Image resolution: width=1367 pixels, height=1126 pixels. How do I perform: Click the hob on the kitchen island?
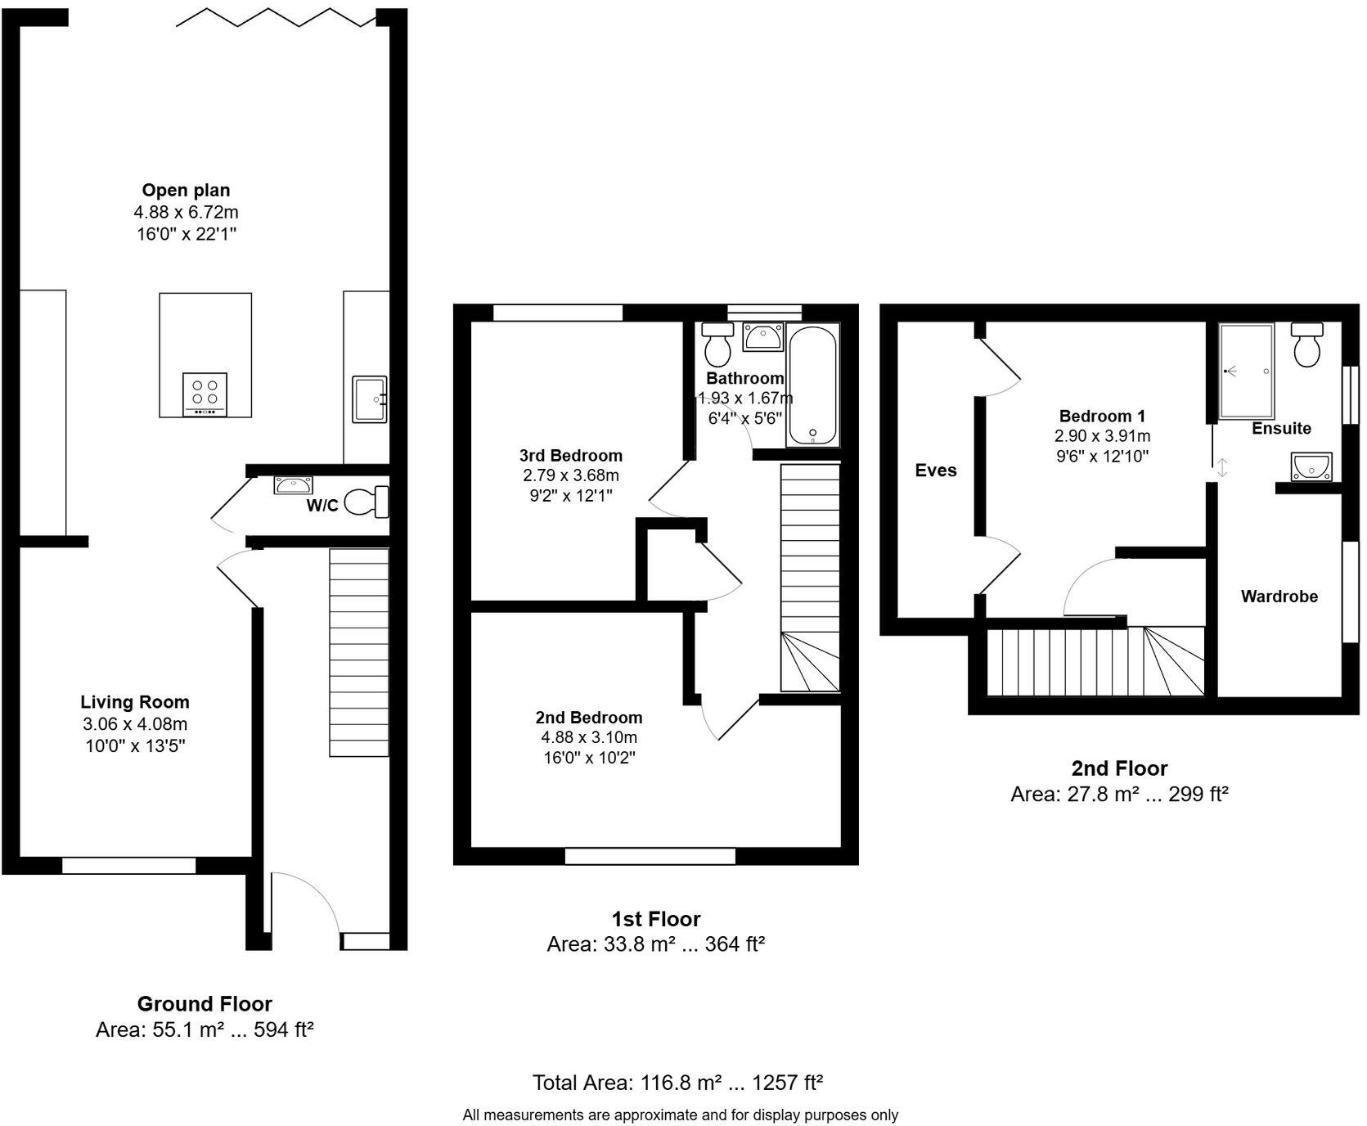pyautogui.click(x=205, y=394)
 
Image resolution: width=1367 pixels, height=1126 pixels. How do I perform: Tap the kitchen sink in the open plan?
pyautogui.click(x=369, y=399)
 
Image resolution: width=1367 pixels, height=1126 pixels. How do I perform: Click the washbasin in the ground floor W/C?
pyautogui.click(x=292, y=485)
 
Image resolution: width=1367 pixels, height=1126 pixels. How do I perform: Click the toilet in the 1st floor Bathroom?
pyautogui.click(x=718, y=345)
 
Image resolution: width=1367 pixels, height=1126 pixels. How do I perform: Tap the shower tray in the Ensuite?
pyautogui.click(x=1245, y=371)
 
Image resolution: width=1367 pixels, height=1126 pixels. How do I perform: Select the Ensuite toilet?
pyautogui.click(x=1306, y=345)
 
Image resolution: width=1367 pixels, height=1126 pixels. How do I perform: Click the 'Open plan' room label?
pyautogui.click(x=186, y=191)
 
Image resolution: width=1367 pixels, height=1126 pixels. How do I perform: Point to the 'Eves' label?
pyautogui.click(x=935, y=471)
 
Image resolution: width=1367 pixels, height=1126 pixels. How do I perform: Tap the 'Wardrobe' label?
pyautogui.click(x=1279, y=597)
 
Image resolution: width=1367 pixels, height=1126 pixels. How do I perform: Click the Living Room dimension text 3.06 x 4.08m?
pyautogui.click(x=135, y=724)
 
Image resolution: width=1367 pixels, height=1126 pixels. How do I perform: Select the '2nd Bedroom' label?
pyautogui.click(x=588, y=718)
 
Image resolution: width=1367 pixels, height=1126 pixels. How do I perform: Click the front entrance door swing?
pyautogui.click(x=304, y=900)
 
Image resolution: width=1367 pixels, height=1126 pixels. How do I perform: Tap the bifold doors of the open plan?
pyautogui.click(x=277, y=17)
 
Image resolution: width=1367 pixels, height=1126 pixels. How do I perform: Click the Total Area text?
pyautogui.click(x=677, y=1083)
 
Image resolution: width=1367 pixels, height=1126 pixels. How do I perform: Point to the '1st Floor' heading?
pyautogui.click(x=655, y=919)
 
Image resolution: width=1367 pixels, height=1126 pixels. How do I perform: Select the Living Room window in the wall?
pyautogui.click(x=128, y=865)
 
